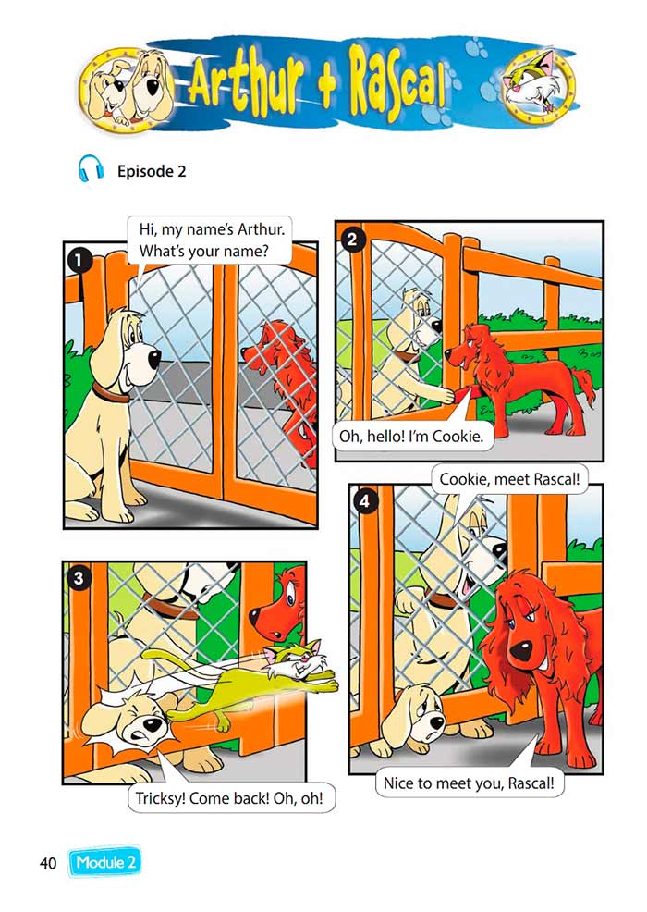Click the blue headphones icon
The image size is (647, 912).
pos(92,170)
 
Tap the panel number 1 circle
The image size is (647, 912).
pos(79,260)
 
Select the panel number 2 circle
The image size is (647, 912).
pos(351,239)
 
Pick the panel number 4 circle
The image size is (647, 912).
pos(364,501)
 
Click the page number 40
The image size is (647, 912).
pos(48,863)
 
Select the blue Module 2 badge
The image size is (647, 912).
pos(105,862)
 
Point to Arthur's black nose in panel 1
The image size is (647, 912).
pos(154,359)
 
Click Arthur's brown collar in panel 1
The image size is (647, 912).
pos(110,393)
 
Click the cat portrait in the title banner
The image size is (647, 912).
pos(538,84)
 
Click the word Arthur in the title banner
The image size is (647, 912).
pos(247,86)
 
